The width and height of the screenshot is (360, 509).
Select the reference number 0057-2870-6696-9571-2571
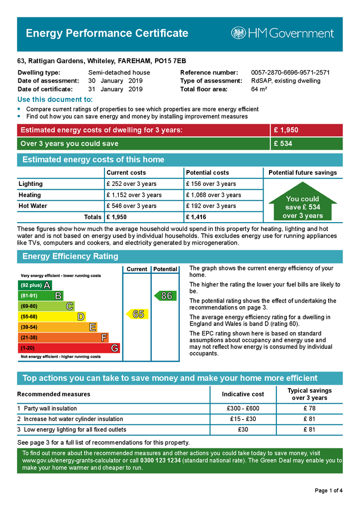tap(290, 73)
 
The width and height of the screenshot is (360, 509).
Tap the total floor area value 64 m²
tap(259, 89)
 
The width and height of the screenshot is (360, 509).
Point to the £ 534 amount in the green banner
tap(283, 144)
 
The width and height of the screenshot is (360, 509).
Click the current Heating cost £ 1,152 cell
tap(134, 195)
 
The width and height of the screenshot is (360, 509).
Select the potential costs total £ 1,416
tap(196, 217)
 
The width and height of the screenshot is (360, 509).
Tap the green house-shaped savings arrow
tap(302, 203)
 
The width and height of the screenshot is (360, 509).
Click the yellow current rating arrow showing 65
tap(136, 314)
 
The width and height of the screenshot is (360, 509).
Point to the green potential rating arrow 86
tap(164, 296)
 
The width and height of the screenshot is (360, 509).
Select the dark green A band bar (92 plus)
tap(34, 285)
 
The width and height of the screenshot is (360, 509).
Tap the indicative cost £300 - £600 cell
tap(243, 409)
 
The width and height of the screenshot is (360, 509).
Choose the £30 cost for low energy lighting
tap(243, 429)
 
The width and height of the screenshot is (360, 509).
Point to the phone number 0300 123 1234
tap(160, 461)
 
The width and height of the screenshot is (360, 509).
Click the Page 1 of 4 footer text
tap(329, 491)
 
